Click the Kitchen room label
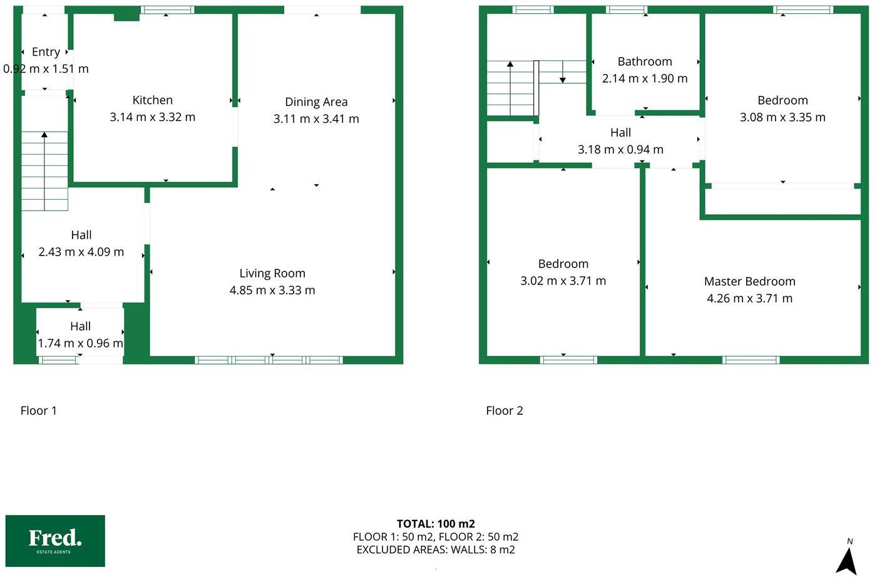pos(152,100)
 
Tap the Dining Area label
pos(316,102)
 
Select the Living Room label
pos(272,274)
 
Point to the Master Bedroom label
pos(749,282)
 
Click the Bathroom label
pos(645,62)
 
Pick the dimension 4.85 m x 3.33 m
pos(272,291)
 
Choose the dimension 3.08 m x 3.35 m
pos(782,118)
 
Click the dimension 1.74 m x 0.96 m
pos(80,343)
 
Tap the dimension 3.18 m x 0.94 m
pos(620,150)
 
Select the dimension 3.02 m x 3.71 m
pos(563,281)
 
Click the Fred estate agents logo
pos(55,541)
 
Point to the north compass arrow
pos(847,560)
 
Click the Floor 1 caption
pos(39,411)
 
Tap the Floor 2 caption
pos(505,411)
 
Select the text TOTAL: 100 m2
pos(436,524)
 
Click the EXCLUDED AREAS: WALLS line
pos(436,550)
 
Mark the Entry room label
pos(46,52)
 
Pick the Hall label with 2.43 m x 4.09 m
pos(81,236)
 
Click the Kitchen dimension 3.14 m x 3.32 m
pos(152,117)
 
